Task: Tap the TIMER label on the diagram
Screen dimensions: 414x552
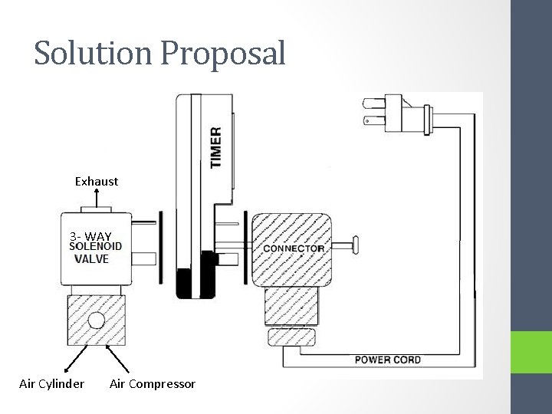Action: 216,148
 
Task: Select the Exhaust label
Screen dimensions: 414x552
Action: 97,182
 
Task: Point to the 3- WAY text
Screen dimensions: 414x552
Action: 90,235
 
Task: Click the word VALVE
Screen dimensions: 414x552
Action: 92,259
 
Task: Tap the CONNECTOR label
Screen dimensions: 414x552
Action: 294,248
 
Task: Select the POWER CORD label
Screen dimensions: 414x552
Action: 387,359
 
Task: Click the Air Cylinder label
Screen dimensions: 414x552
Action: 51,383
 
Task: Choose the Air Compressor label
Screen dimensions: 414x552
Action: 153,383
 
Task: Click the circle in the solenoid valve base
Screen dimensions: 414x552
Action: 97,320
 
